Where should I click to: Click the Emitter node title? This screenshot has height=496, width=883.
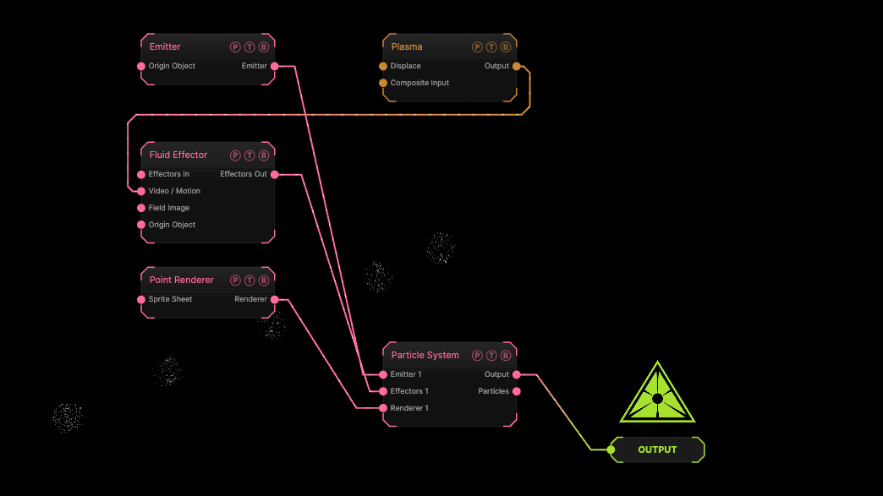click(x=165, y=46)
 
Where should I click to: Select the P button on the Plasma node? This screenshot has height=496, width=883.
click(x=477, y=47)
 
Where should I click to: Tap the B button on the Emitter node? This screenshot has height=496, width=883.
click(x=264, y=47)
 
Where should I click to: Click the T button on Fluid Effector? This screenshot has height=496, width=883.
click(x=250, y=155)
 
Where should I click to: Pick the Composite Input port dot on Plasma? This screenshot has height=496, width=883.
click(x=383, y=83)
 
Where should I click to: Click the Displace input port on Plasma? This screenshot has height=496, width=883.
click(x=383, y=66)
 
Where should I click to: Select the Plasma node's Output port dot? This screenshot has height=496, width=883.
click(x=517, y=66)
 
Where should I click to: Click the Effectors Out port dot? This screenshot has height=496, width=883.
click(x=275, y=174)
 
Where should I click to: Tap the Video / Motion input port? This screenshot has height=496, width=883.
click(x=141, y=191)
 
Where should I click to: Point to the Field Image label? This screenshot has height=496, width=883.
click(x=169, y=208)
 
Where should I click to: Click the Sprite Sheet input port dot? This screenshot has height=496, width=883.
click(x=141, y=299)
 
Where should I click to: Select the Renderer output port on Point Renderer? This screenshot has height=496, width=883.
click(x=275, y=299)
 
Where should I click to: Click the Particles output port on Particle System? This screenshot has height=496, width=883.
click(x=517, y=391)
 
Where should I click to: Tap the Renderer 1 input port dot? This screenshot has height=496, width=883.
click(x=383, y=408)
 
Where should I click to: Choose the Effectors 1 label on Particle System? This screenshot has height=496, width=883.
click(x=409, y=391)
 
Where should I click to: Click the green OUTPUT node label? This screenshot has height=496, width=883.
click(x=657, y=450)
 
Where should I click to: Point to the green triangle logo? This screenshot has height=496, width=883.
click(x=657, y=394)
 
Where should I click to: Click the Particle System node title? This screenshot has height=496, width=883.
click(x=425, y=356)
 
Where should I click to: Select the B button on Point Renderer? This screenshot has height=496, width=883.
click(x=264, y=280)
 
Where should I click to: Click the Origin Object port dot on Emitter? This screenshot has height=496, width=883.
click(x=141, y=66)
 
